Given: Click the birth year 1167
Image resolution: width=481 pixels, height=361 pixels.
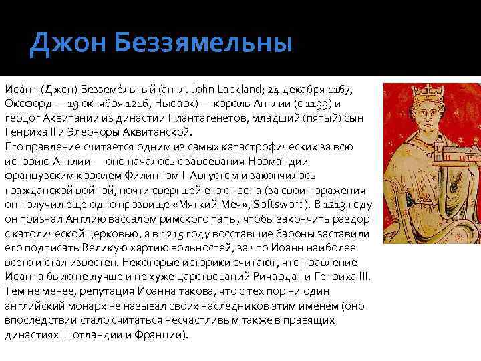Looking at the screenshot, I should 341,89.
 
